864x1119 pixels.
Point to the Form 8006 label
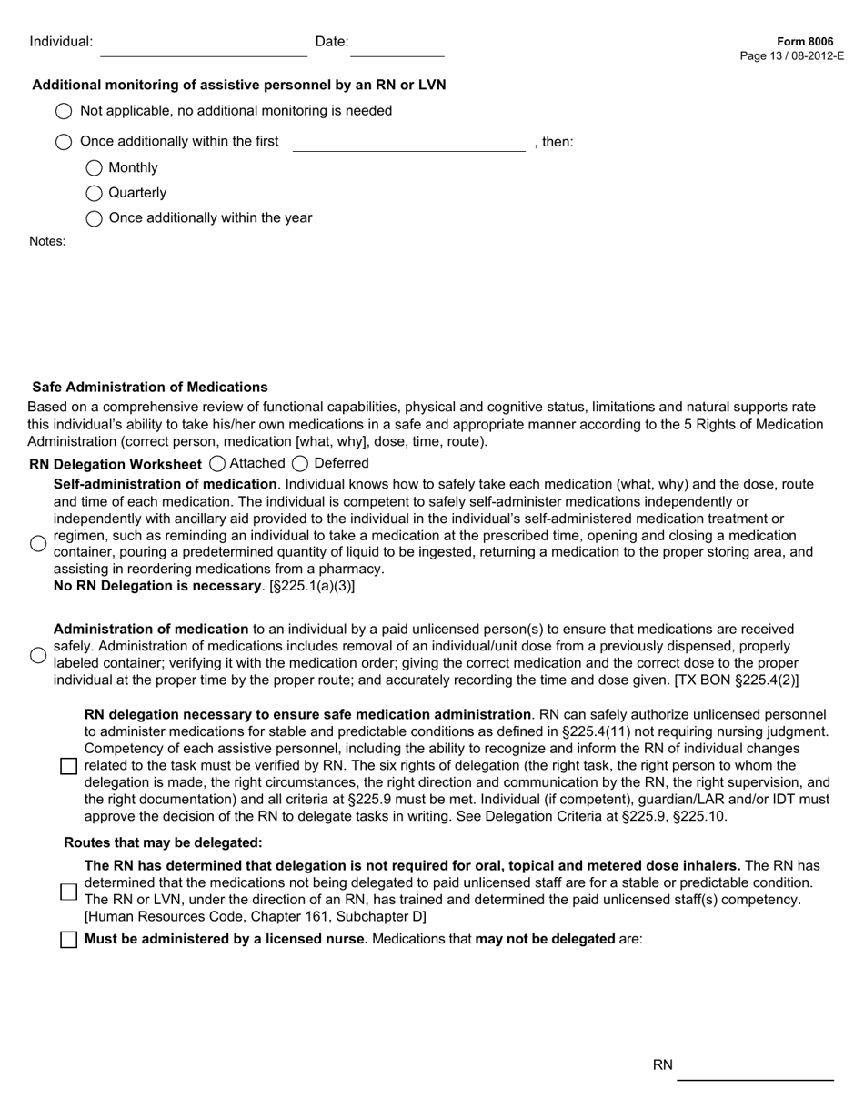coord(805,42)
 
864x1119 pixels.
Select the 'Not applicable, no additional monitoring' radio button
coord(64,111)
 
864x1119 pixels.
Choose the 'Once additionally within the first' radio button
coord(64,142)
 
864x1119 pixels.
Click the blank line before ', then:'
coord(408,143)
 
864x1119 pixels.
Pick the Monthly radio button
coord(95,168)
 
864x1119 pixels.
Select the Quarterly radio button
coord(95,193)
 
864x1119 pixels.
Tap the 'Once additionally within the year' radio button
coord(95,218)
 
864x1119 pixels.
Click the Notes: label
coord(47,241)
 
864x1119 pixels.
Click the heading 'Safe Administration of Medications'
coord(150,388)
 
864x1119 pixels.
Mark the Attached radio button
coord(217,464)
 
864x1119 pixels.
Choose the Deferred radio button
coord(300,464)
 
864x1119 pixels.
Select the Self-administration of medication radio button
coord(38,543)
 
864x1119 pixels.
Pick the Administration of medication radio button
coord(38,655)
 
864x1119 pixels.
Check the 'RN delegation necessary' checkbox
coord(68,766)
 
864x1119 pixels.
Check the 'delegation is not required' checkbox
coord(68,892)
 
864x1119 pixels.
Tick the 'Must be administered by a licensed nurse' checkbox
coord(68,940)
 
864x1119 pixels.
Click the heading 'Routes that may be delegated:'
coord(163,842)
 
